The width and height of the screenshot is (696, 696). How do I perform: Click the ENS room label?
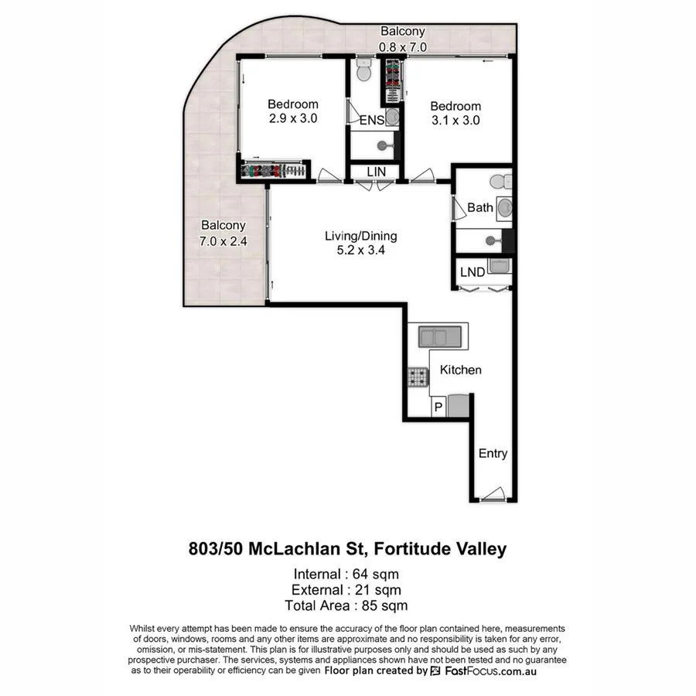pyautogui.click(x=371, y=120)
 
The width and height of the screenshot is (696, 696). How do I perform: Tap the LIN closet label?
pyautogui.click(x=374, y=171)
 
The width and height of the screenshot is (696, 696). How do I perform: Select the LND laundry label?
pyautogui.click(x=472, y=271)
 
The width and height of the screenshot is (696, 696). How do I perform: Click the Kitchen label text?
pyautogui.click(x=460, y=370)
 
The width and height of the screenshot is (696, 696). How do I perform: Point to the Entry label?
pyautogui.click(x=493, y=453)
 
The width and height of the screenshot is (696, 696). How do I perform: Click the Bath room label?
pyautogui.click(x=479, y=207)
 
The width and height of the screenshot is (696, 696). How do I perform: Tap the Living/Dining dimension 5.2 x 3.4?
pyautogui.click(x=360, y=251)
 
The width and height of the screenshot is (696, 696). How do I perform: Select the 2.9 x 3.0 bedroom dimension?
pyautogui.click(x=293, y=118)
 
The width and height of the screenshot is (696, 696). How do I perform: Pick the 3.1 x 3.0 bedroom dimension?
pyautogui.click(x=455, y=120)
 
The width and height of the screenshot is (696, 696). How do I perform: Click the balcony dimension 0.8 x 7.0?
pyautogui.click(x=402, y=46)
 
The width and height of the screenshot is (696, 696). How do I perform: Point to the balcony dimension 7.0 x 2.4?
pyautogui.click(x=223, y=240)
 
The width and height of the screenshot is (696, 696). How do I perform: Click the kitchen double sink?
pyautogui.click(x=439, y=336)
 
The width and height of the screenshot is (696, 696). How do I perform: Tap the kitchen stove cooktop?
pyautogui.click(x=418, y=377)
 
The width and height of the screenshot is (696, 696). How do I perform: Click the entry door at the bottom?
pyautogui.click(x=492, y=495)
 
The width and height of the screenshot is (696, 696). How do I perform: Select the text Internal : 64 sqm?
pyautogui.click(x=346, y=574)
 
